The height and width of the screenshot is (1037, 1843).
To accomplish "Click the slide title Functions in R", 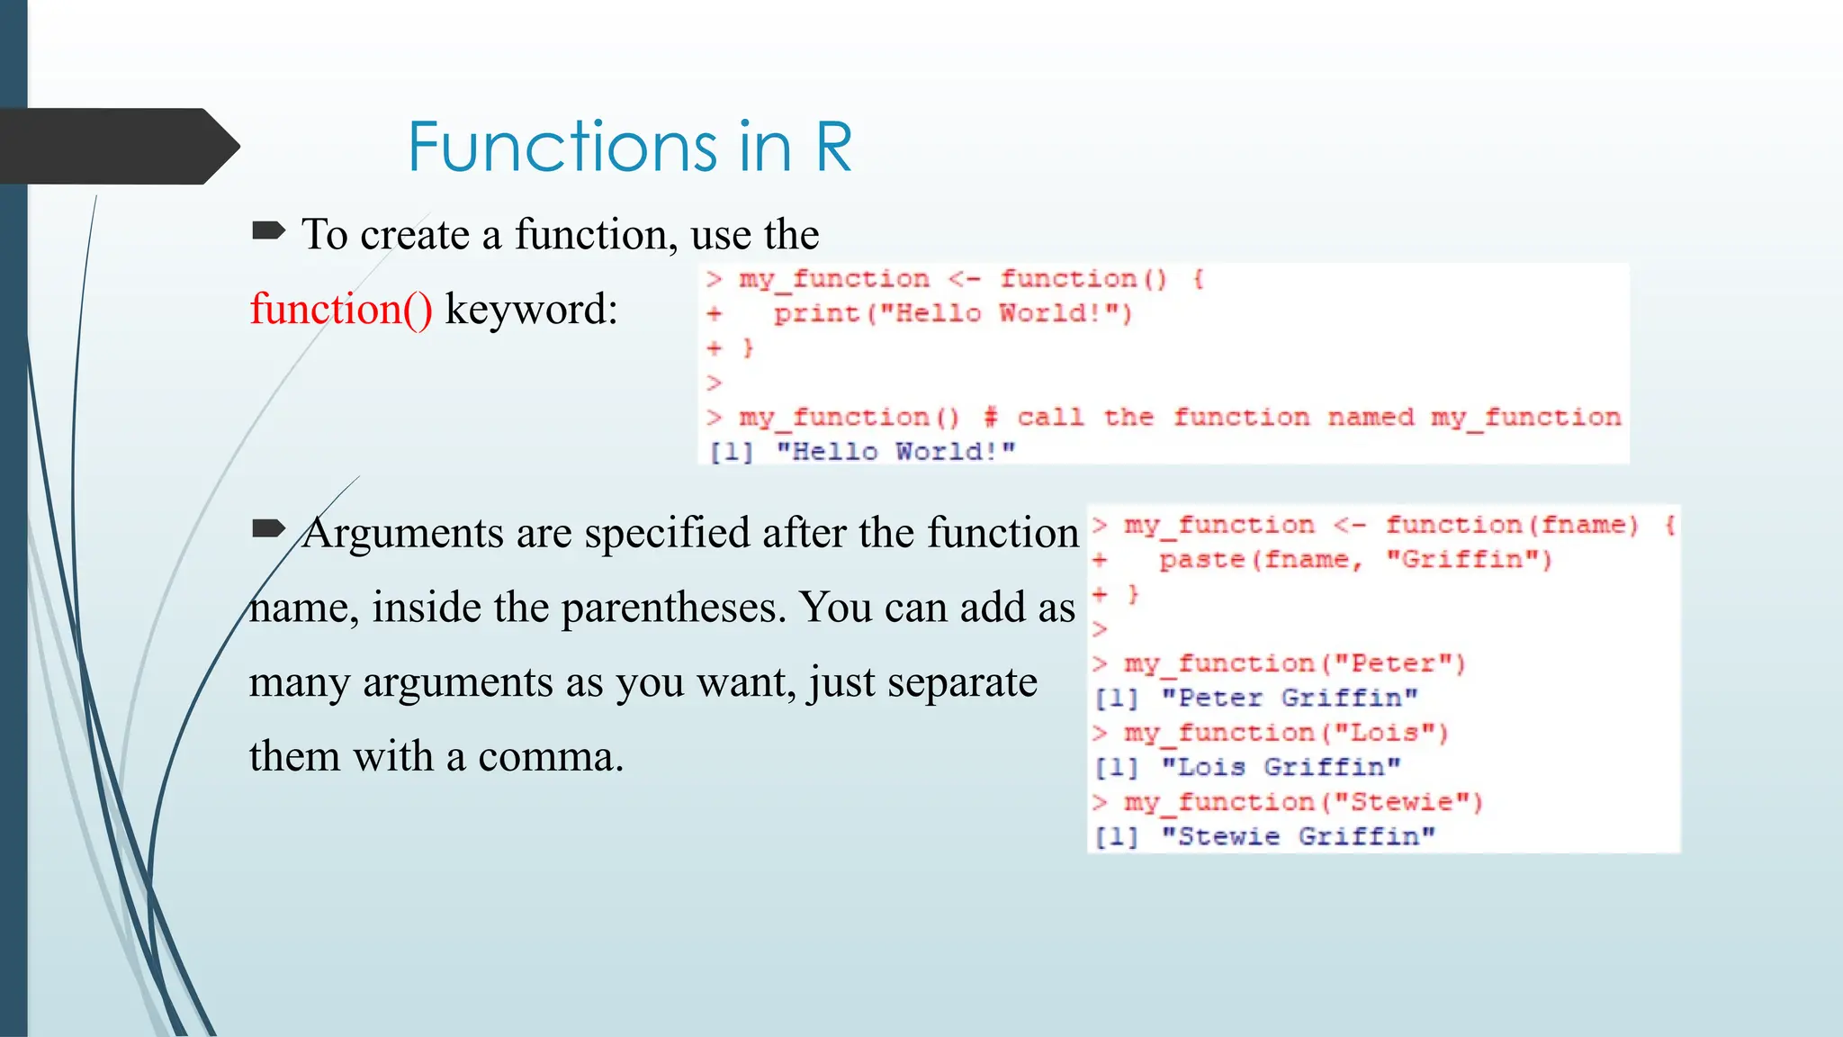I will point(629,147).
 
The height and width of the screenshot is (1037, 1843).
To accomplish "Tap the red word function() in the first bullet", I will point(340,310).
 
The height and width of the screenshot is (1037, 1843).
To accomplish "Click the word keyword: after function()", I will point(531,310).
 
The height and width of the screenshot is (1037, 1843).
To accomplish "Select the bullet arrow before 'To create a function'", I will point(268,231).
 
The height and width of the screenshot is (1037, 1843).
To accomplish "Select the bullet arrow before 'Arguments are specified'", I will point(268,528).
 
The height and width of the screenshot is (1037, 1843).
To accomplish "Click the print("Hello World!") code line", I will point(951,313).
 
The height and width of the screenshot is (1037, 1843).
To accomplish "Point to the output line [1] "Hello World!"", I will point(861,451).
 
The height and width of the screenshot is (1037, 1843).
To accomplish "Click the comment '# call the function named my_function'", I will point(1301,418).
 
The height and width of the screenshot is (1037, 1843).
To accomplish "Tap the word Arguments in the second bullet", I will point(402,533).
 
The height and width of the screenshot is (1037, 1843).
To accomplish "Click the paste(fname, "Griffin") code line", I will point(1355,560).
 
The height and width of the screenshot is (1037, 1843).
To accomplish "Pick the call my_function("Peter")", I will point(1294,663).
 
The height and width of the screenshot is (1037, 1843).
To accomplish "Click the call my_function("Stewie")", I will point(1302,802).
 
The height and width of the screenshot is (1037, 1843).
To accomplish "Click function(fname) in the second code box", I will point(1511,525).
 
